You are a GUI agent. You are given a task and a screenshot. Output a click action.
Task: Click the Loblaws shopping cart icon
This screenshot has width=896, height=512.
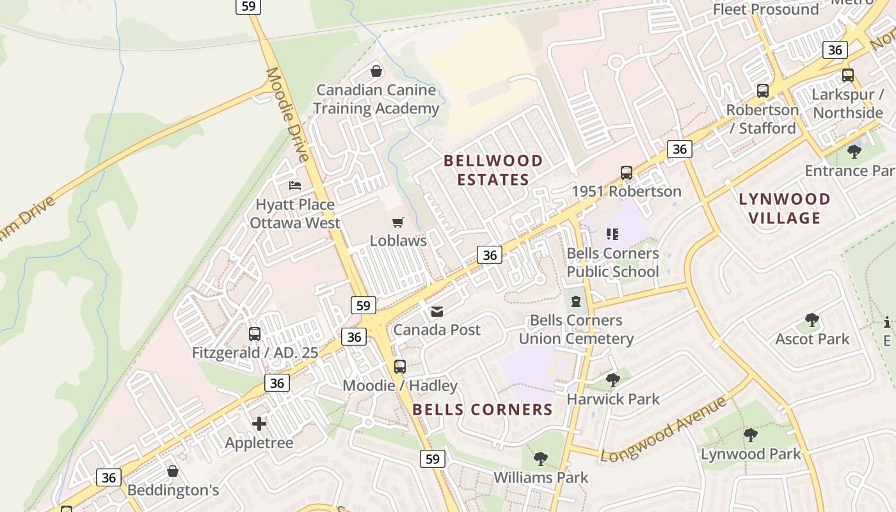pos(398,223)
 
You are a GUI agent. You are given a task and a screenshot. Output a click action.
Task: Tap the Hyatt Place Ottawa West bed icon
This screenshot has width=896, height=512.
pos(295,186)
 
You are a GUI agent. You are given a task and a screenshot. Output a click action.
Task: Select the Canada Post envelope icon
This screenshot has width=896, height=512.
pos(437,312)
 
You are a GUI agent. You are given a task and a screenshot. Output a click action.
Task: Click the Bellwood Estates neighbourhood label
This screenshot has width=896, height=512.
pos(493,170)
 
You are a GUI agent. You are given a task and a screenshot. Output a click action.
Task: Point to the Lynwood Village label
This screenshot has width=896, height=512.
pos(785,209)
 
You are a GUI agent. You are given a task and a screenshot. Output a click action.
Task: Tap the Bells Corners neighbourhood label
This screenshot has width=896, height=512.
pos(483,410)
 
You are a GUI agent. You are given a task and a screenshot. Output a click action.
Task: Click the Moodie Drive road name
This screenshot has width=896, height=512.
pos(287,114)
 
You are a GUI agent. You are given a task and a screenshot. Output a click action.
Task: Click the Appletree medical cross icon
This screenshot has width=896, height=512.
pos(259,424)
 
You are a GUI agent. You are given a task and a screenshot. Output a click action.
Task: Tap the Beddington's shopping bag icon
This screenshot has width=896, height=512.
pos(173,472)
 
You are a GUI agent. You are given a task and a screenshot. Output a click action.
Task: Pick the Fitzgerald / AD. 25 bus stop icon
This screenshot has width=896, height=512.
pos(255,334)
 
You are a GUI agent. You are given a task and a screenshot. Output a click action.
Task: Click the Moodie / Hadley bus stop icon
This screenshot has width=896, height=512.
pos(400,367)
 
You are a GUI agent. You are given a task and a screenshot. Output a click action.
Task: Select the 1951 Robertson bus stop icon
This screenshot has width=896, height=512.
pos(627,173)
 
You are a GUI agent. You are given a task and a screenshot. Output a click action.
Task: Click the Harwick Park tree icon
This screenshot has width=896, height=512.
pos(613,380)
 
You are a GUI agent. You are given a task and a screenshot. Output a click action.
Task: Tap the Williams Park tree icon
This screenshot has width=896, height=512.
pos(541,459)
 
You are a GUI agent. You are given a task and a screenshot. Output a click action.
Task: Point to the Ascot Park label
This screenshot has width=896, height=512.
pos(812,339)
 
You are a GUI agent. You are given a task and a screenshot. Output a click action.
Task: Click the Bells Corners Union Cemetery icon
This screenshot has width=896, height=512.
pos(576,301)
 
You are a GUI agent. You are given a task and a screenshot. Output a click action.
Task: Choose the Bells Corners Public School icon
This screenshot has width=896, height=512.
pos(612,234)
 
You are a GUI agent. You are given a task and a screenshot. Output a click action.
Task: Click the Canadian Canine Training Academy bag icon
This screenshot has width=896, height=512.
pos(376,71)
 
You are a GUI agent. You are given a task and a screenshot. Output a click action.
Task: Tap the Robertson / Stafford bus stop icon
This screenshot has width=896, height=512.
pos(763,91)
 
